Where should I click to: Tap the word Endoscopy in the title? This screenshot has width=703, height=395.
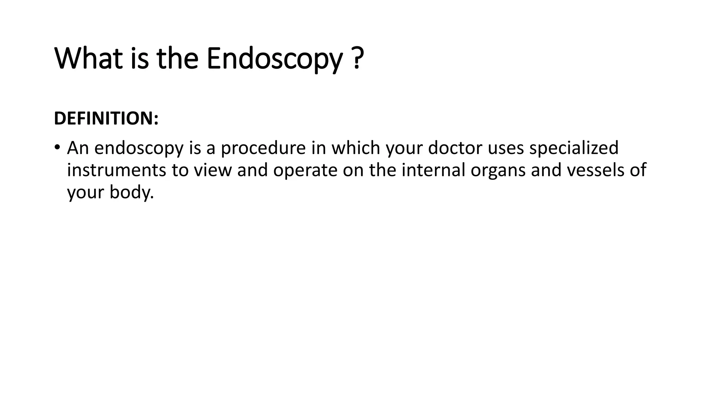click(274, 59)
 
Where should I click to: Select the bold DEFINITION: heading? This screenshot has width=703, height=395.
click(106, 118)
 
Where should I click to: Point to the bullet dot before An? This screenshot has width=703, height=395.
click(57, 148)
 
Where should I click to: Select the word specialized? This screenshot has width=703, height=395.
click(574, 148)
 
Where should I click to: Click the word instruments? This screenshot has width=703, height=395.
click(116, 170)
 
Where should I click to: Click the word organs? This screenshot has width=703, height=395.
click(498, 171)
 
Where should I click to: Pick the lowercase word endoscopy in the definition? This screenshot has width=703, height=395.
click(139, 148)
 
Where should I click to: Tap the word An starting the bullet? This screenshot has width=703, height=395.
click(78, 148)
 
